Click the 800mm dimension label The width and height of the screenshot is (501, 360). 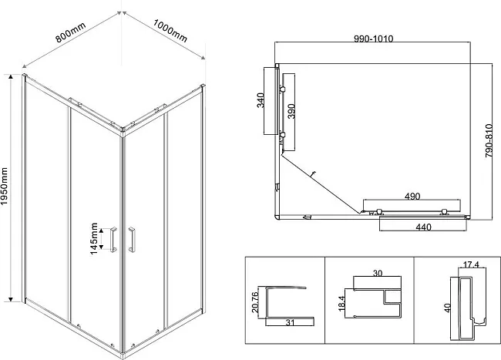coord(71,32)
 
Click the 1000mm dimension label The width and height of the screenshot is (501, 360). coord(170,31)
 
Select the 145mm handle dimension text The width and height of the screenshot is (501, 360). coord(93,239)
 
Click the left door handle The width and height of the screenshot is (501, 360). coord(113,240)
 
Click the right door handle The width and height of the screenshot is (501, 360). coord(131,240)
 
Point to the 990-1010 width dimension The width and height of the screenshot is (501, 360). coord(374,39)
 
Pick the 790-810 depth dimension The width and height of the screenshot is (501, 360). coord(489,140)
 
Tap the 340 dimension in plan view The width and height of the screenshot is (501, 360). coord(261,100)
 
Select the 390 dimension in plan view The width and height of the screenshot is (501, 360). coord(291,111)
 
